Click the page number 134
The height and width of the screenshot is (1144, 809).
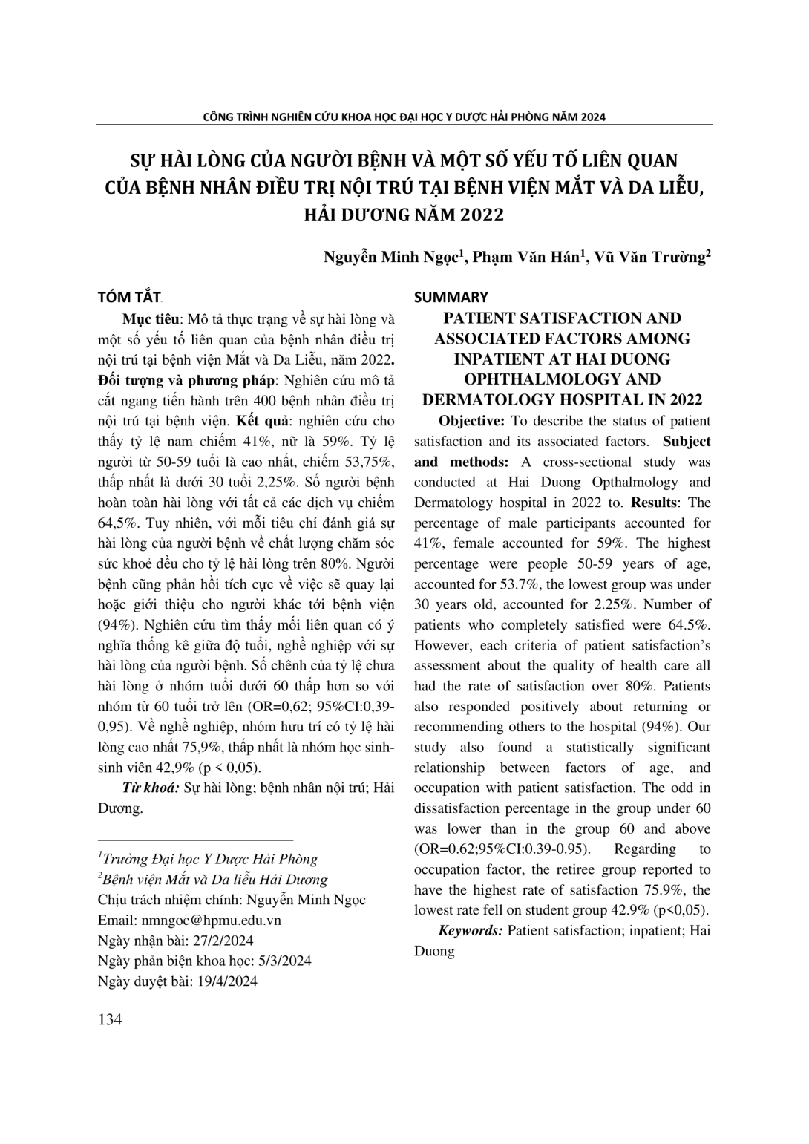[x=110, y=1019]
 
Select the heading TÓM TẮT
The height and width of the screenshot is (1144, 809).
[x=130, y=298]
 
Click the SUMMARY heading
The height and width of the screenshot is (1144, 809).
[x=451, y=298]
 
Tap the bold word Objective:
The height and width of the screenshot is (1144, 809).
[x=472, y=421]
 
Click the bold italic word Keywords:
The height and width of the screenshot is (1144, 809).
[x=471, y=930]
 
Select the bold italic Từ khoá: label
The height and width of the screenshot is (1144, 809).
[x=150, y=788]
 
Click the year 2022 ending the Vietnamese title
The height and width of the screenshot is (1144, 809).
[x=481, y=215]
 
